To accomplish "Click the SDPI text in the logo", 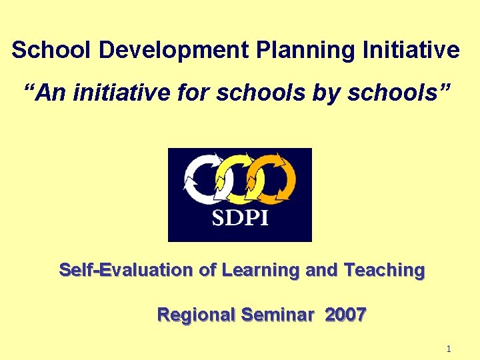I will [240, 218].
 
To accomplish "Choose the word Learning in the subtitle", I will [261, 271].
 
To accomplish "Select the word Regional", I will [196, 315].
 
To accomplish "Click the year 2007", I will [345, 315].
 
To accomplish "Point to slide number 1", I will [449, 349].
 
